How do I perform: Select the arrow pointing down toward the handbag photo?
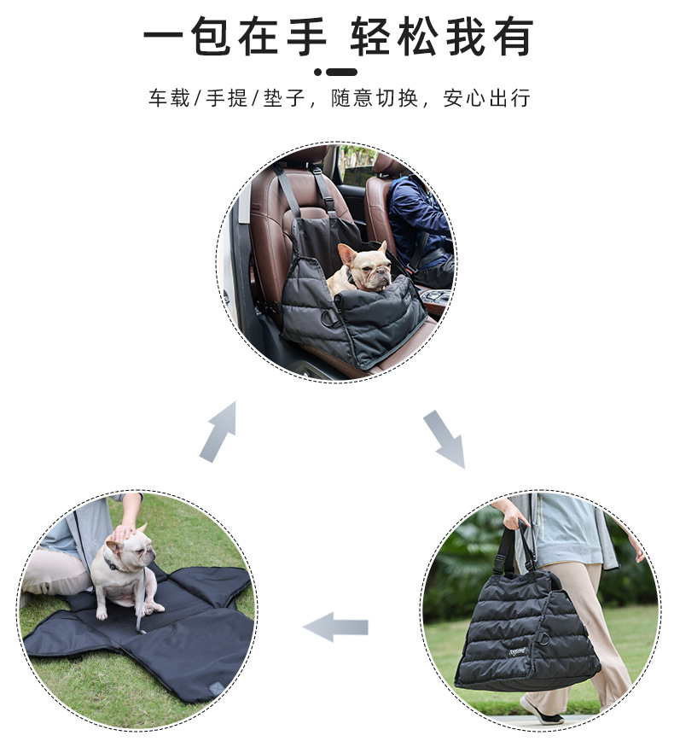click(x=444, y=439)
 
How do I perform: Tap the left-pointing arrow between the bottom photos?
click(x=336, y=627)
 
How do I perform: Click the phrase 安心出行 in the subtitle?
click(x=486, y=98)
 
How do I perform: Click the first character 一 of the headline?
click(x=163, y=38)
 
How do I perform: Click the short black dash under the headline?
click(x=342, y=72)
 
